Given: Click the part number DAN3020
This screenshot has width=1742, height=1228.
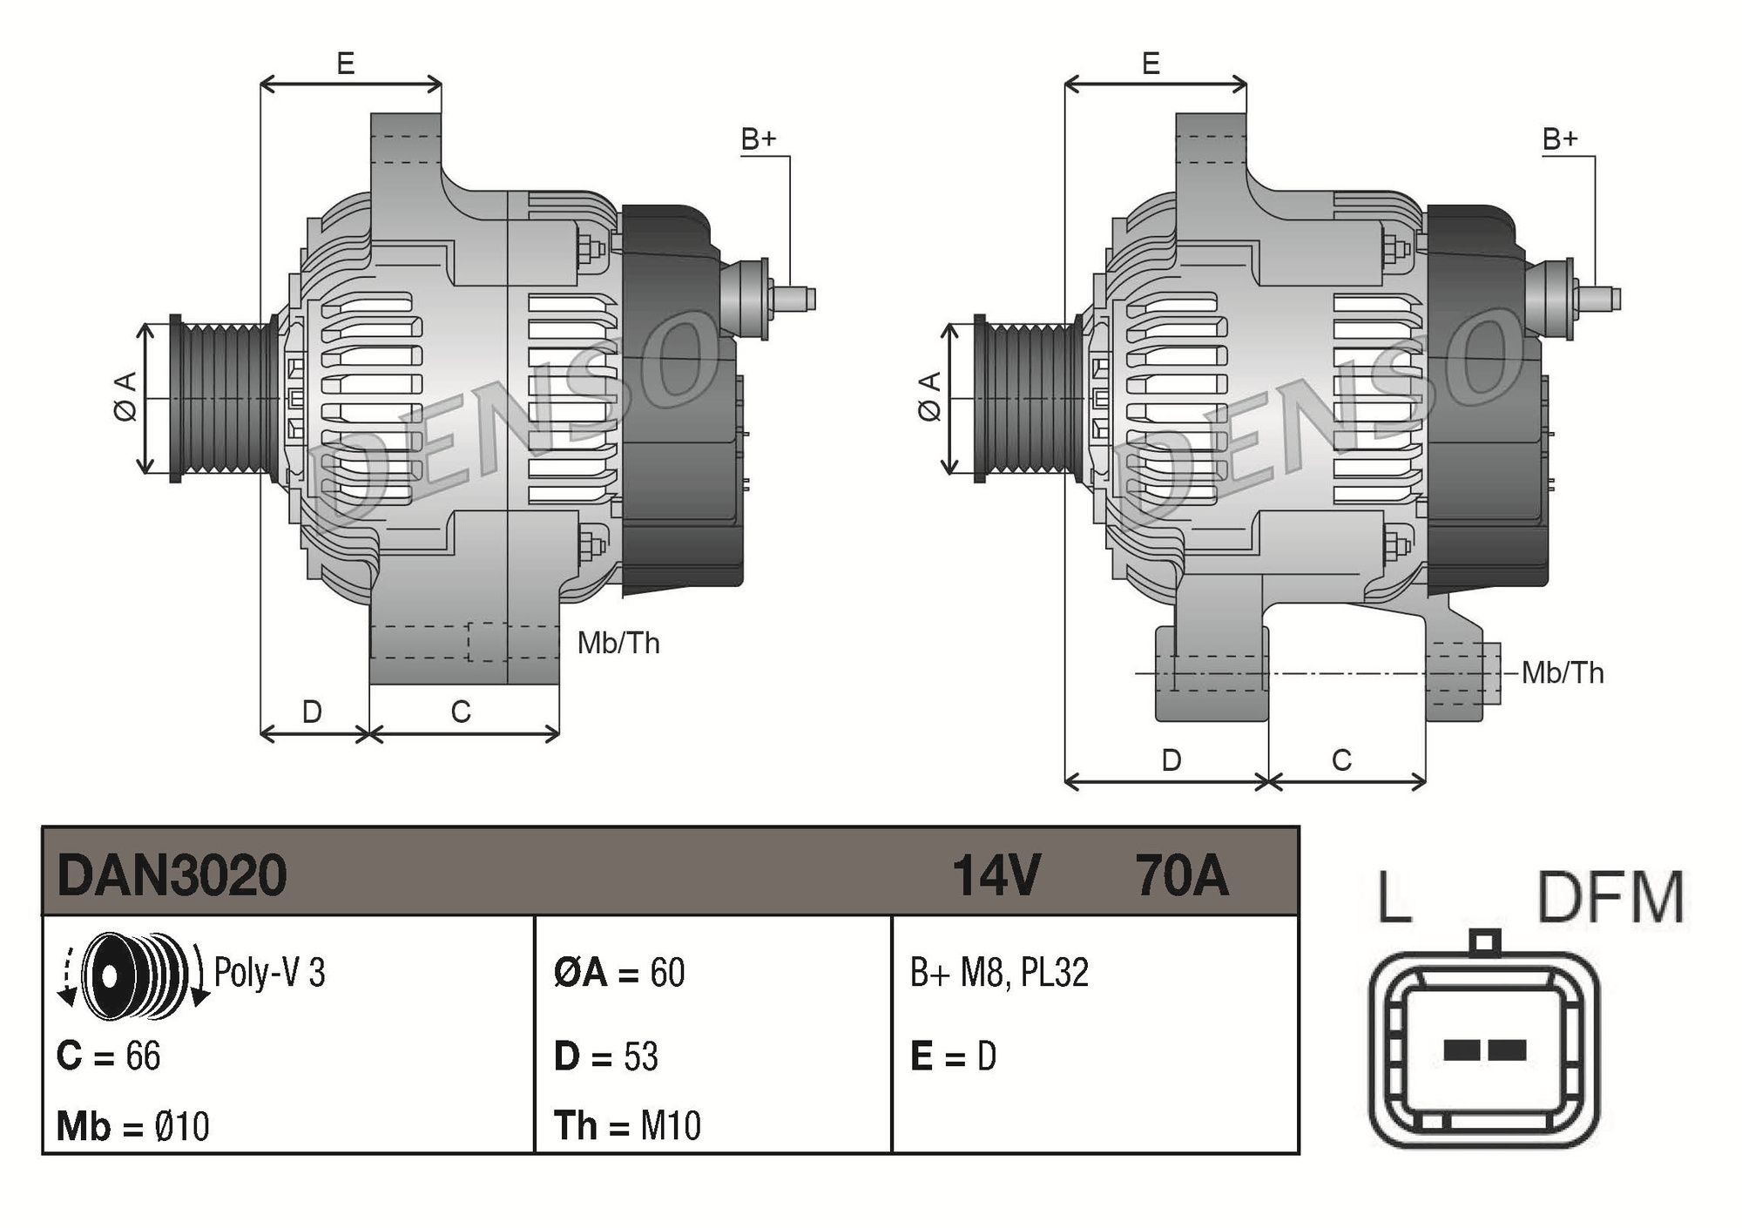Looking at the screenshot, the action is click(x=172, y=874).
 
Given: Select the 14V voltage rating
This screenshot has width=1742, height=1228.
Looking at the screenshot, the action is click(x=996, y=874).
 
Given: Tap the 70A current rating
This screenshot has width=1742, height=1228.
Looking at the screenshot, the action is click(x=1181, y=874).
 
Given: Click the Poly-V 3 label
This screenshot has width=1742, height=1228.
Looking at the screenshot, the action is click(x=269, y=973).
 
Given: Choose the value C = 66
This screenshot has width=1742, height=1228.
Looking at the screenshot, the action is click(x=108, y=1056).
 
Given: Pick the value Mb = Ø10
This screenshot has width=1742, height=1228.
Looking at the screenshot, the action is click(x=132, y=1126).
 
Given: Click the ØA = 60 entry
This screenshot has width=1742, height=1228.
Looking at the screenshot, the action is click(x=619, y=973).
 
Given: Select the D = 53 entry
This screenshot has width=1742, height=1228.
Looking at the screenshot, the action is click(x=606, y=1056).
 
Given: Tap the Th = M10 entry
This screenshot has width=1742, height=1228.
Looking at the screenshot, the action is click(x=627, y=1126).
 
